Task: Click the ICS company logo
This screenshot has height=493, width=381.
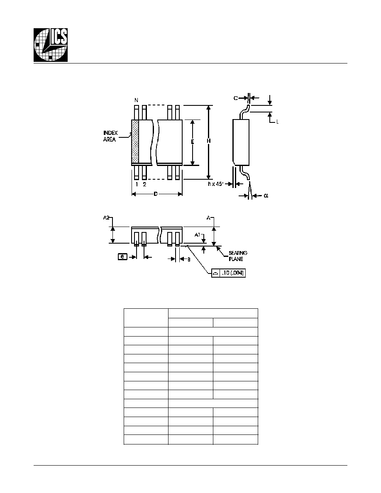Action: pyautogui.click(x=51, y=45)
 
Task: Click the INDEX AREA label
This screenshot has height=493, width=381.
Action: pyautogui.click(x=110, y=136)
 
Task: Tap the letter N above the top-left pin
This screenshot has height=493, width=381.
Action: pyautogui.click(x=136, y=100)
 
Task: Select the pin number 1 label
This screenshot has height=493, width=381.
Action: pyautogui.click(x=137, y=184)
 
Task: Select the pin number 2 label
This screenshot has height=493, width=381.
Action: pyautogui.click(x=144, y=184)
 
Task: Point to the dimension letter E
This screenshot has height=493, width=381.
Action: pyautogui.click(x=193, y=142)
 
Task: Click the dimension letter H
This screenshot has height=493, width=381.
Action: pyautogui.click(x=208, y=141)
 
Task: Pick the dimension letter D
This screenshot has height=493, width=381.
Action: pyautogui.click(x=156, y=194)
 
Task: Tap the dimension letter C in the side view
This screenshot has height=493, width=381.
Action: pyautogui.click(x=236, y=98)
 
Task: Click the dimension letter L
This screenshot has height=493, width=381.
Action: pyautogui.click(x=277, y=122)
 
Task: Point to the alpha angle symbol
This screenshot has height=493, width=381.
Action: pyautogui.click(x=266, y=195)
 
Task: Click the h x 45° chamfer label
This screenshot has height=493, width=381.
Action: pyautogui.click(x=215, y=184)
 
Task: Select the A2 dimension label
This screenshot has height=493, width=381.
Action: pyautogui.click(x=106, y=217)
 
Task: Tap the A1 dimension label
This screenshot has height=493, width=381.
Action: pyautogui.click(x=198, y=234)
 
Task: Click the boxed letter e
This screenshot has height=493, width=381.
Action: pyautogui.click(x=122, y=256)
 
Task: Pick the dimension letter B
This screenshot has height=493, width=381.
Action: pyautogui.click(x=189, y=259)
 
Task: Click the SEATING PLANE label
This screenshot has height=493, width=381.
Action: pyautogui.click(x=238, y=256)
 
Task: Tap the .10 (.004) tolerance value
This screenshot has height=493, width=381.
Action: pyautogui.click(x=232, y=273)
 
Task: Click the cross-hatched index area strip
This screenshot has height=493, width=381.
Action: pyautogui.click(x=135, y=142)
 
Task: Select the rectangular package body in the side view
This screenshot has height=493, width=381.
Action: pyautogui.click(x=241, y=142)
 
